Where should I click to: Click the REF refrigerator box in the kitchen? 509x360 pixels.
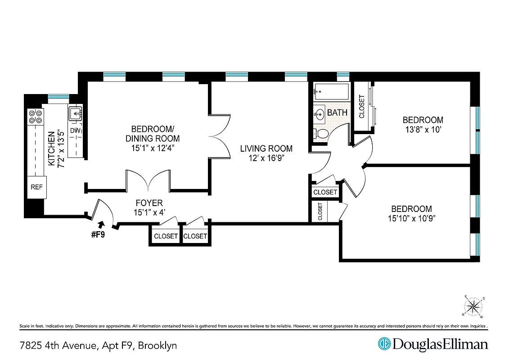click(x=36, y=187)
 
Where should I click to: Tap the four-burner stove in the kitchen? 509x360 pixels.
click(x=35, y=117)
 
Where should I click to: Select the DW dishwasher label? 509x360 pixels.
click(x=75, y=130)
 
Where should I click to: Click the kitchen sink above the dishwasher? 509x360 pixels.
click(x=75, y=114)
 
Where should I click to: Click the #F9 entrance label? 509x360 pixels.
click(x=98, y=234)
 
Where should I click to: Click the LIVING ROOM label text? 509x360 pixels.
click(x=266, y=148)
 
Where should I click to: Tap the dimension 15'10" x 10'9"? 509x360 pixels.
click(x=411, y=219)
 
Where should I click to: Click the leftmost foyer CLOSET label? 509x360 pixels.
click(x=166, y=236)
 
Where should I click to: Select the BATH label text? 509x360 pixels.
click(x=337, y=112)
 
